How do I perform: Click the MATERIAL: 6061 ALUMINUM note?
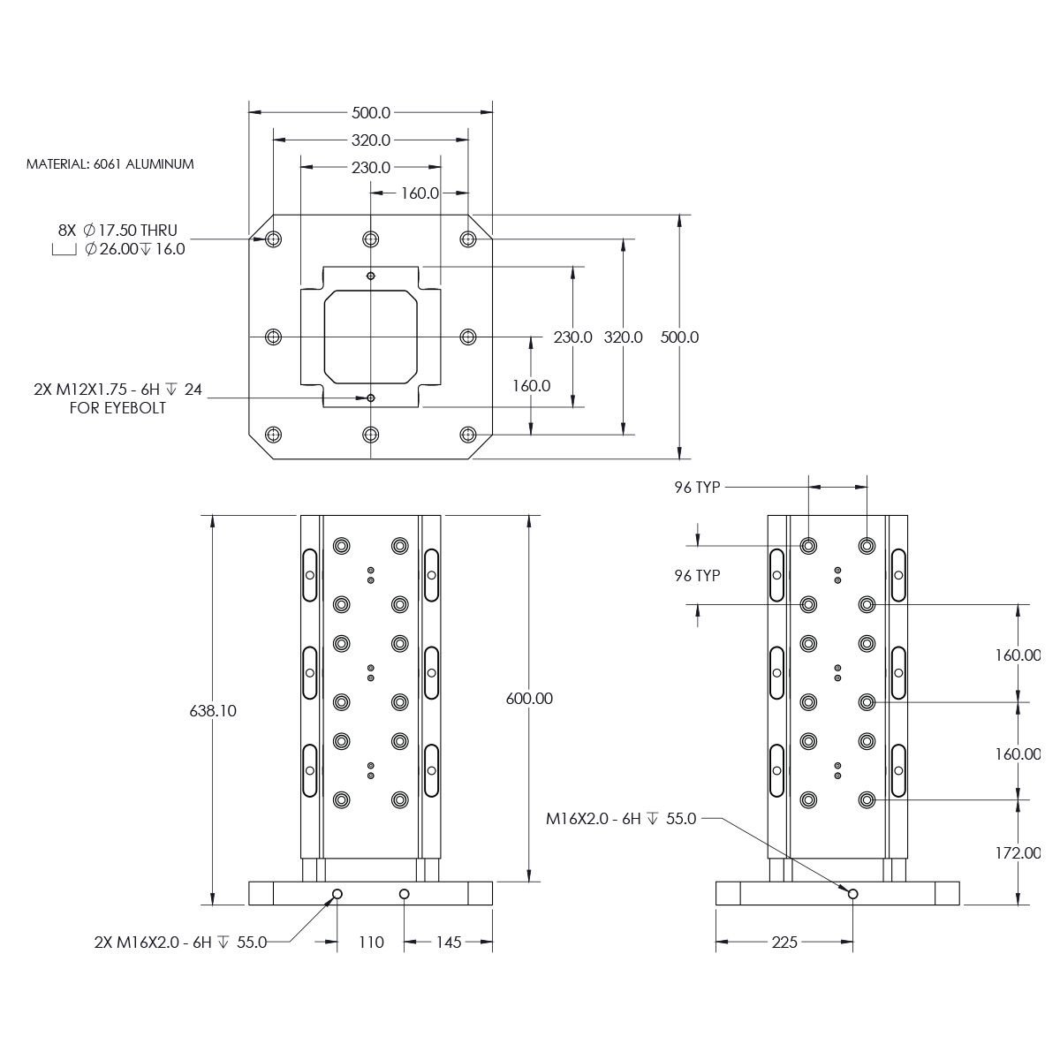pyautogui.click(x=110, y=164)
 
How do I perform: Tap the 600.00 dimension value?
pyautogui.click(x=529, y=698)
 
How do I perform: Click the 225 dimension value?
pyautogui.click(x=784, y=943)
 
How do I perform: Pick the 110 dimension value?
pyautogui.click(x=371, y=943)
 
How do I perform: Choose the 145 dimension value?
pyautogui.click(x=449, y=943)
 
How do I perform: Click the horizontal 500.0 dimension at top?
pyautogui.click(x=371, y=112)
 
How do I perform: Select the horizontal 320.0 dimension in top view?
pyautogui.click(x=371, y=140)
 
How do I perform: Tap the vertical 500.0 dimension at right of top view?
pyautogui.click(x=679, y=337)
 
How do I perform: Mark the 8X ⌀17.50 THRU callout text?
pyautogui.click(x=117, y=230)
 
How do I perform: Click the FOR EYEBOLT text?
pyautogui.click(x=117, y=408)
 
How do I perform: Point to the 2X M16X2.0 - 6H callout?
pyautogui.click(x=180, y=943)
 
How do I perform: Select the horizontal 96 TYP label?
pyautogui.click(x=697, y=487)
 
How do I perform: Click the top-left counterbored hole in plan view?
pyautogui.click(x=273, y=239)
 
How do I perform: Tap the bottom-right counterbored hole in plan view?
pyautogui.click(x=468, y=435)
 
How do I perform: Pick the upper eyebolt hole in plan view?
pyautogui.click(x=371, y=276)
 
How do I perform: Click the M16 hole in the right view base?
pyautogui.click(x=852, y=894)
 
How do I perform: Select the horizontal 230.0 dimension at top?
pyautogui.click(x=371, y=167)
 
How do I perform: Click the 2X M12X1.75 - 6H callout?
pyautogui.click(x=117, y=390)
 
